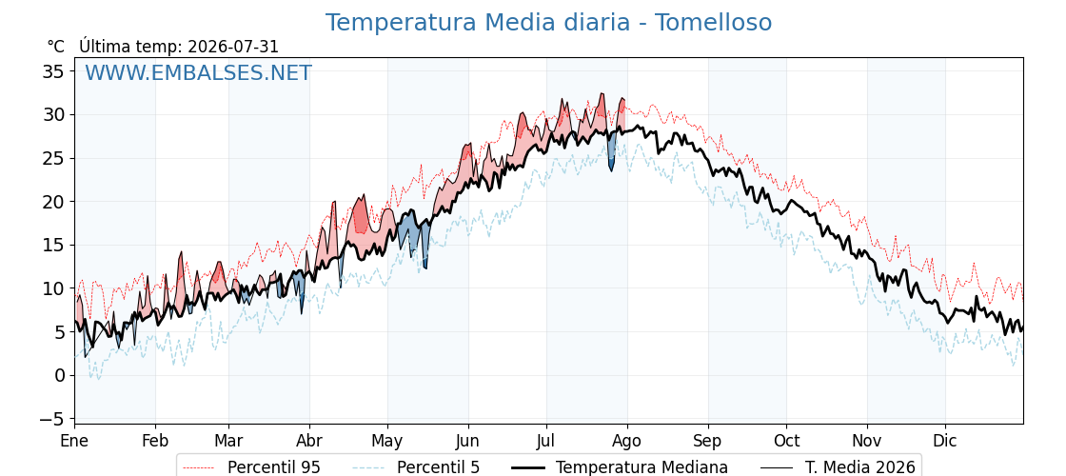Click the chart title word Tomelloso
(713, 23)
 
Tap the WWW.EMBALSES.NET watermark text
(199, 72)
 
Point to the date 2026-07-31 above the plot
(233, 47)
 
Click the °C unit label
(56, 47)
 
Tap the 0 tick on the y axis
(61, 375)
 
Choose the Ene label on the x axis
(75, 441)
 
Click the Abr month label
(309, 441)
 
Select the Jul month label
(546, 441)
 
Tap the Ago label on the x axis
(627, 441)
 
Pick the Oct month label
(786, 441)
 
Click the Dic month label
(945, 441)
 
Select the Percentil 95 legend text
(274, 467)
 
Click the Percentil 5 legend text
(438, 467)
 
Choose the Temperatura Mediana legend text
(642, 467)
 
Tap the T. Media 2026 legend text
(860, 467)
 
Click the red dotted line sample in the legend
(199, 467)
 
